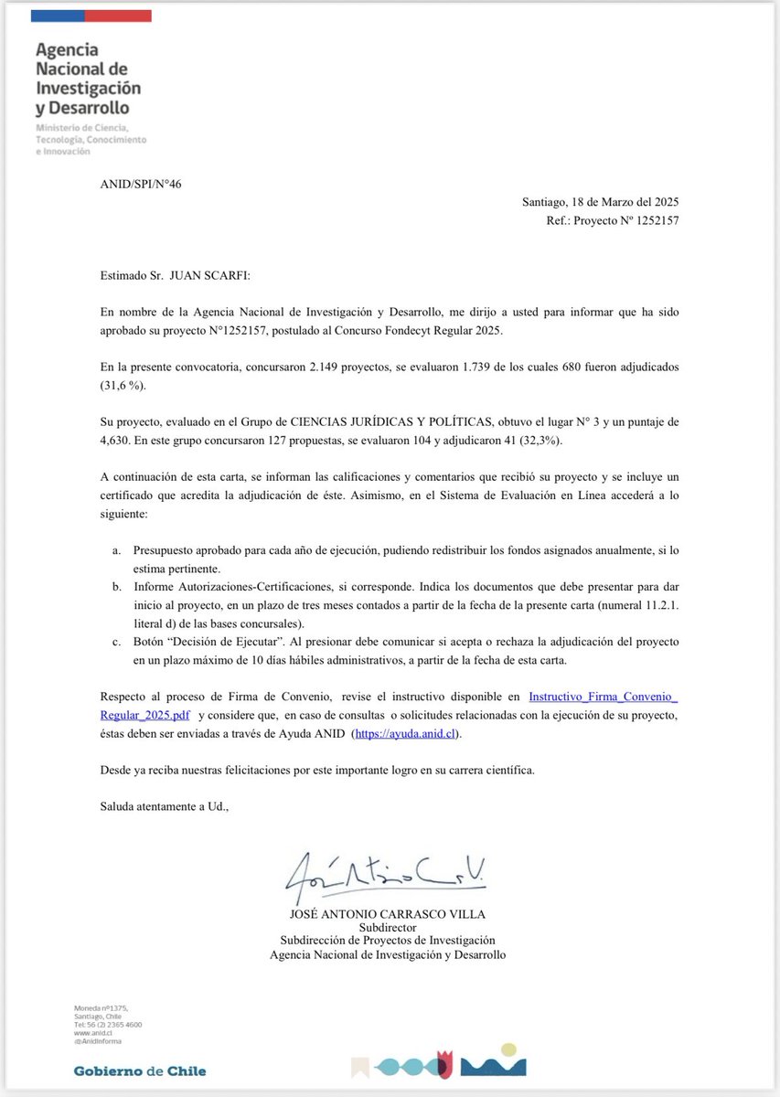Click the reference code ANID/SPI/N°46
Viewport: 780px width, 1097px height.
(142, 184)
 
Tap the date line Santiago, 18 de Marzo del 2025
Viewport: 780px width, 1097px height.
(600, 201)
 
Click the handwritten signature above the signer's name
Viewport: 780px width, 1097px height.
(385, 878)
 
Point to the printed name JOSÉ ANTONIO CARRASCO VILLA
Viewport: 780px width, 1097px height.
(388, 913)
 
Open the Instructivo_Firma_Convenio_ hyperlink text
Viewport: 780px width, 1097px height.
(603, 697)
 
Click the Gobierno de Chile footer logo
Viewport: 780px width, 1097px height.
(139, 1070)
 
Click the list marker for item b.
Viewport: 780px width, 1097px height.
(117, 586)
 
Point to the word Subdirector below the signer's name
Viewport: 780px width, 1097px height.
(388, 927)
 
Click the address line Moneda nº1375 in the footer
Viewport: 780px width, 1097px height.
(99, 1007)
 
